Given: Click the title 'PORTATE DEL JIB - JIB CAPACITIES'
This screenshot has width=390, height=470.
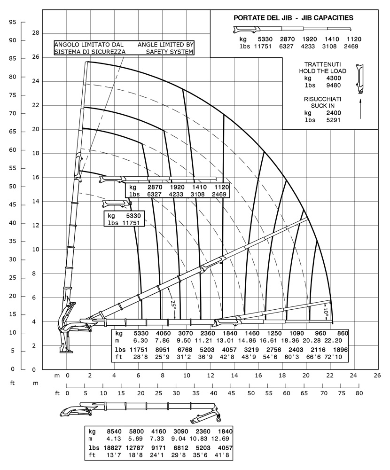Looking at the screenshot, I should pyautogui.click(x=293, y=18).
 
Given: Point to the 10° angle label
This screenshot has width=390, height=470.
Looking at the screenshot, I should pyautogui.click(x=326, y=311).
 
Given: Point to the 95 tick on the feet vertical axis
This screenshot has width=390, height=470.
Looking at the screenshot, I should pyautogui.click(x=13, y=22).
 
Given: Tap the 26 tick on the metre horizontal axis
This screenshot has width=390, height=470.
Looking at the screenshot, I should pyautogui.click(x=377, y=376).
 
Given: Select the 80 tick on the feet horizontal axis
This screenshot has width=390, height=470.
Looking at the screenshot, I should pyautogui.click(x=359, y=393).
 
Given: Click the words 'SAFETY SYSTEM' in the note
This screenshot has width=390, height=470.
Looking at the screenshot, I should pyautogui.click(x=170, y=52).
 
